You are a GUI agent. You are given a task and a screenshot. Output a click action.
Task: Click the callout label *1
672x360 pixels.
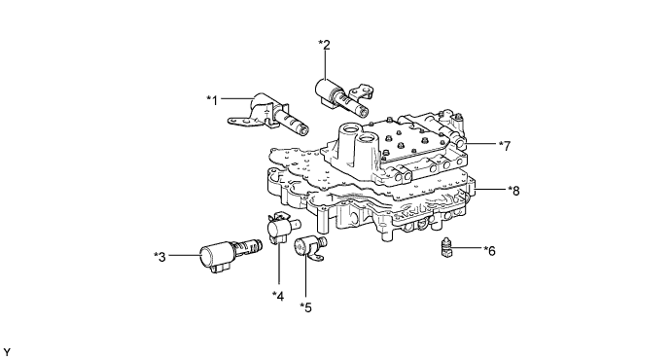(x=212, y=100)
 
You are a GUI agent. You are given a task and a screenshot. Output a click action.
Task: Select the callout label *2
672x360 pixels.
(x=325, y=45)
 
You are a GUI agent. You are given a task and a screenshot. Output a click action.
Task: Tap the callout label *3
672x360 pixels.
(x=159, y=257)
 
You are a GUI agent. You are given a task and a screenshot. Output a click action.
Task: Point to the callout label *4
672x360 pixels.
(x=278, y=296)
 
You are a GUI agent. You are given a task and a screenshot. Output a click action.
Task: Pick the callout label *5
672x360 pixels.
(x=306, y=307)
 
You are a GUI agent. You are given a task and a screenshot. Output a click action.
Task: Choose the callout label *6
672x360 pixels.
(x=489, y=251)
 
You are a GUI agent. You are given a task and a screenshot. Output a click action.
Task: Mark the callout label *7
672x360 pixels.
(x=505, y=146)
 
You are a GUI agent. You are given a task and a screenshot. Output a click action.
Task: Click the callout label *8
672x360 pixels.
(x=513, y=191)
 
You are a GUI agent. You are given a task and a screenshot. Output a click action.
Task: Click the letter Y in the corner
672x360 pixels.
(x=6, y=352)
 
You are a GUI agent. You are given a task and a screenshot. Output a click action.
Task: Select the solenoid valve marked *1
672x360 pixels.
(x=269, y=114)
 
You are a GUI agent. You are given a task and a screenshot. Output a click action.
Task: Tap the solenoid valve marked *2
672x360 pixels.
(x=343, y=96)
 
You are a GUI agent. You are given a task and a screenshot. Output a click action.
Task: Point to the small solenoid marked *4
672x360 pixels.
(x=282, y=227)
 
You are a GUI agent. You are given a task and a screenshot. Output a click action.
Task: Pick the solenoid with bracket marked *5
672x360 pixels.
(x=308, y=247)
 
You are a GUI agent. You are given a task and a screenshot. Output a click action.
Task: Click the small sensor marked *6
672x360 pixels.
(x=447, y=248)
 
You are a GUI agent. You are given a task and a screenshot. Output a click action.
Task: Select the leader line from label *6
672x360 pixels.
(x=466, y=248)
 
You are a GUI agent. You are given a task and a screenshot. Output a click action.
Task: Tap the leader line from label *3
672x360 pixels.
(x=185, y=256)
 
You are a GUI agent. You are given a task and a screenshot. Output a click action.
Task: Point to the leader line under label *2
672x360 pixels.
(x=326, y=65)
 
